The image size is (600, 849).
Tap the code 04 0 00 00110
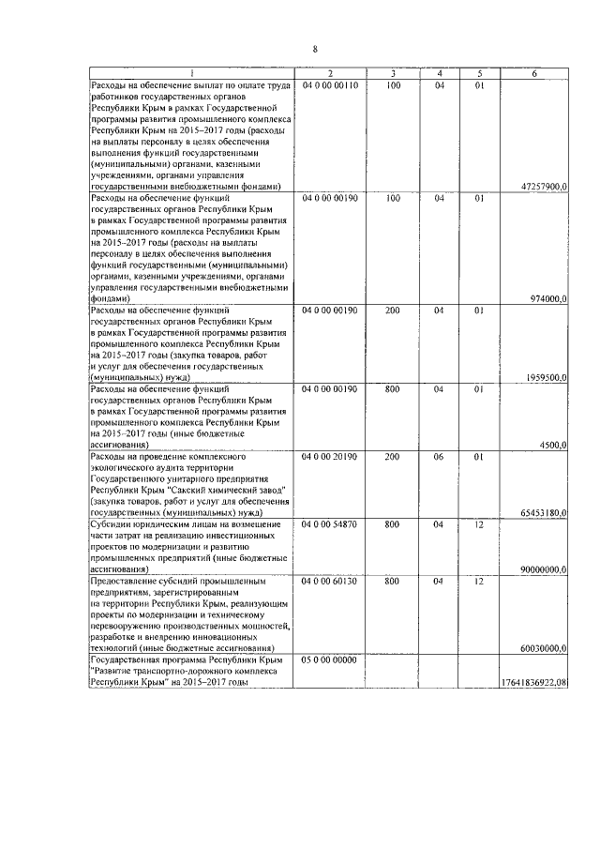(x=329, y=84)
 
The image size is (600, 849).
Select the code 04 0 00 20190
(x=329, y=456)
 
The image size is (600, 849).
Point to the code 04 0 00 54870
(x=329, y=524)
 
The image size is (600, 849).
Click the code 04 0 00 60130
(x=329, y=581)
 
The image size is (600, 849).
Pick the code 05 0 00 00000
(x=329, y=659)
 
